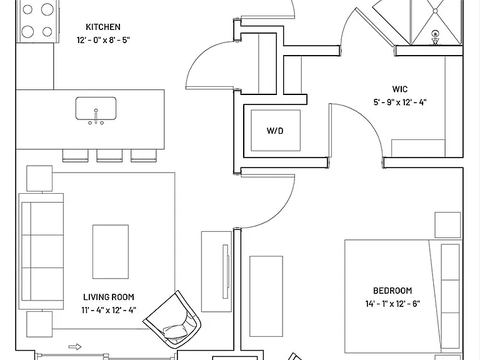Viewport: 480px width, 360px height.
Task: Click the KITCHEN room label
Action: tap(103, 27)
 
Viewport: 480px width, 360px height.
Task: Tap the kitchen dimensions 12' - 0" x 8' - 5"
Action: tap(103, 40)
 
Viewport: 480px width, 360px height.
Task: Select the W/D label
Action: tap(275, 131)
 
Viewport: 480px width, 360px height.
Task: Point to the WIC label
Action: tap(400, 89)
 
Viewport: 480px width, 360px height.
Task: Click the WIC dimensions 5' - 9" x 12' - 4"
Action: tap(400, 102)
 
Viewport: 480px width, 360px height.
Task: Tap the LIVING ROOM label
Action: tap(109, 297)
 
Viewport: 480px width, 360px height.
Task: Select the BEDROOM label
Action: tap(392, 291)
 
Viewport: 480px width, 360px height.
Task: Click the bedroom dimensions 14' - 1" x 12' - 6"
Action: tap(392, 304)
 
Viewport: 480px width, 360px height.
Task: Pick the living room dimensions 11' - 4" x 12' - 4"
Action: tap(109, 310)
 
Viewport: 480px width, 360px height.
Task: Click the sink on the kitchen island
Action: tap(96, 108)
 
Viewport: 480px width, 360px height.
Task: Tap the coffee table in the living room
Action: tap(111, 252)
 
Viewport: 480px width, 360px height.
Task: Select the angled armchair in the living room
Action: tap(172, 320)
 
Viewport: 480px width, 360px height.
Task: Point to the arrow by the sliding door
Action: tap(75, 347)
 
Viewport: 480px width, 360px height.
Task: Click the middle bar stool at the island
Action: tap(109, 156)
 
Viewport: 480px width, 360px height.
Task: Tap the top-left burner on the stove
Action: tap(27, 9)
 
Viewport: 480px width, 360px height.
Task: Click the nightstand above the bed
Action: tap(447, 225)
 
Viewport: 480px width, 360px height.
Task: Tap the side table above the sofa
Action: tap(39, 179)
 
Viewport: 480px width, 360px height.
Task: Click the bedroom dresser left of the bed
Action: tap(266, 296)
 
